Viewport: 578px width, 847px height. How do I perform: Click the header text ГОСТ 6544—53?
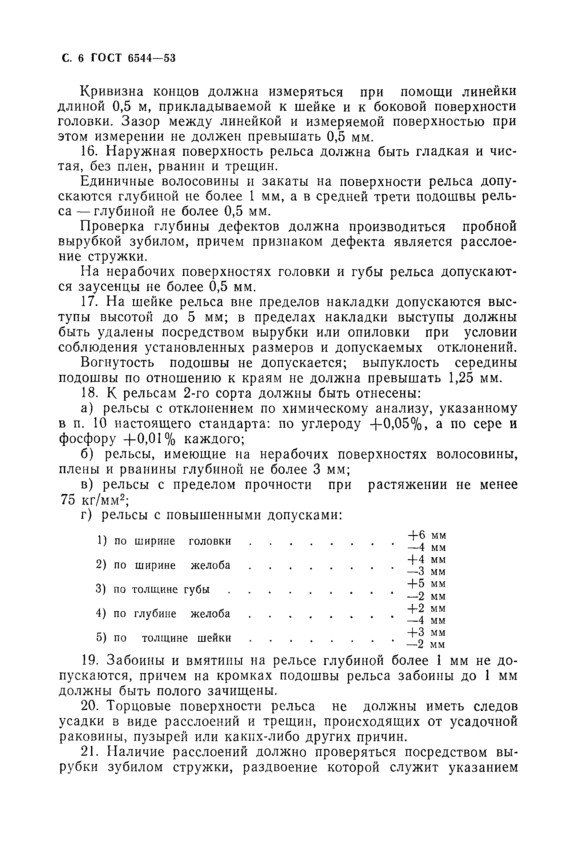coord(133,58)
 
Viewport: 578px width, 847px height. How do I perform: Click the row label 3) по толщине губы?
coord(153,589)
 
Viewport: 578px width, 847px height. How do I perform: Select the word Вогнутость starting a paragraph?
coord(117,363)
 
